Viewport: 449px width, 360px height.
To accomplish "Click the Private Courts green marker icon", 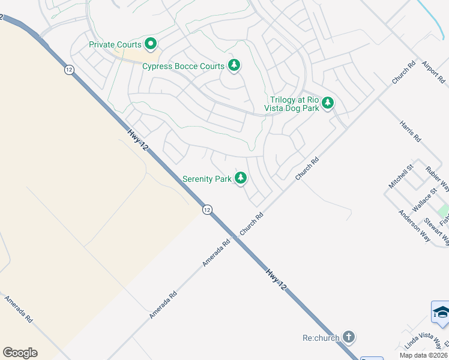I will coord(150,44).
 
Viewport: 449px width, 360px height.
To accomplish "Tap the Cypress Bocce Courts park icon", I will coord(234,65).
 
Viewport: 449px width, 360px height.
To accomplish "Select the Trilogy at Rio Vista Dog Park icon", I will coord(327,103).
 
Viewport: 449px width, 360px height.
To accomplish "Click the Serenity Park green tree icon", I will coord(241,178).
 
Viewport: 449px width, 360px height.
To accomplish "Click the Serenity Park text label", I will coord(207,179).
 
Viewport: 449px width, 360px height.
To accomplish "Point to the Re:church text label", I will coord(321,337).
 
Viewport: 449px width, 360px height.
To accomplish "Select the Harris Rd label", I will coord(411,131).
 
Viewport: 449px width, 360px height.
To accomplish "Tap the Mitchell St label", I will coord(402,176).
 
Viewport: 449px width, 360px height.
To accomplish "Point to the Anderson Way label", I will coord(414,226).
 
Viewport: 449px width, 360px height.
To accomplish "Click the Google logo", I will coord(20,353).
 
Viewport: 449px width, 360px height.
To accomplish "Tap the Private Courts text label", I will coord(115,44).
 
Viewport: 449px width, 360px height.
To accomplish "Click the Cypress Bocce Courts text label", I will coord(183,66).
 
